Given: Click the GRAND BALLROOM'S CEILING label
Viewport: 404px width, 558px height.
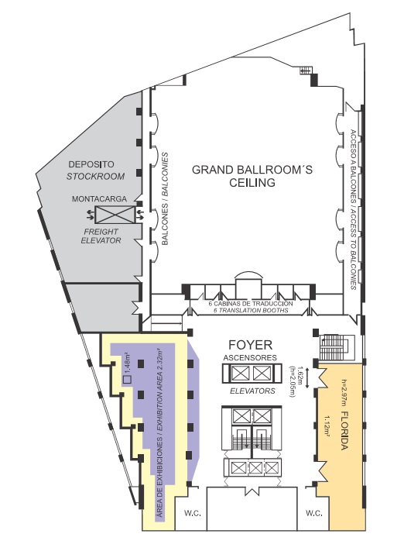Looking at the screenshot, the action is point(252,176).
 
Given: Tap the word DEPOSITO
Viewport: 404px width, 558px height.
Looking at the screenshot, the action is point(91,164).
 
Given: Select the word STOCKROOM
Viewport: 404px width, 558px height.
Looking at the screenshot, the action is point(95,176).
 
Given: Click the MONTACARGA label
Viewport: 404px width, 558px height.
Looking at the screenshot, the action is point(100,199).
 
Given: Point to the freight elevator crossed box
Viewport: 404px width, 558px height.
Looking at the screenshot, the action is point(115,215).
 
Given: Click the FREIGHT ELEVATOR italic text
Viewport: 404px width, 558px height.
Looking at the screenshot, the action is point(101,236).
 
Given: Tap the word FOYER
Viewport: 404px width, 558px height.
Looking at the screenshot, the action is point(251,345).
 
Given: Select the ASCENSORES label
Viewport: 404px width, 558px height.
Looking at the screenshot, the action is point(250,357).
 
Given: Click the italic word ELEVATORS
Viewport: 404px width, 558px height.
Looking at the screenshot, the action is point(252,391).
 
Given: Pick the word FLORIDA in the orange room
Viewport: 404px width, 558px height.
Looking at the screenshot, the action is point(344,430).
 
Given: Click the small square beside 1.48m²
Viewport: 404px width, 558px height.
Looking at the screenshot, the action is point(127,379).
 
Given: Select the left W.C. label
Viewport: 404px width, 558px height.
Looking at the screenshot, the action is point(193,513).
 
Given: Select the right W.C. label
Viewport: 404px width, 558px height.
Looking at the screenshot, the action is point(313,513).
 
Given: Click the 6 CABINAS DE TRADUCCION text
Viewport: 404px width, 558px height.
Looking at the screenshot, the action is point(251,304).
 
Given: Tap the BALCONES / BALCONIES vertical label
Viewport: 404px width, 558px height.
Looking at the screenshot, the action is point(165,198).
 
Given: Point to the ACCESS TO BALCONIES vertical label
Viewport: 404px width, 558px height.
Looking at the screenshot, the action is point(353,249).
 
